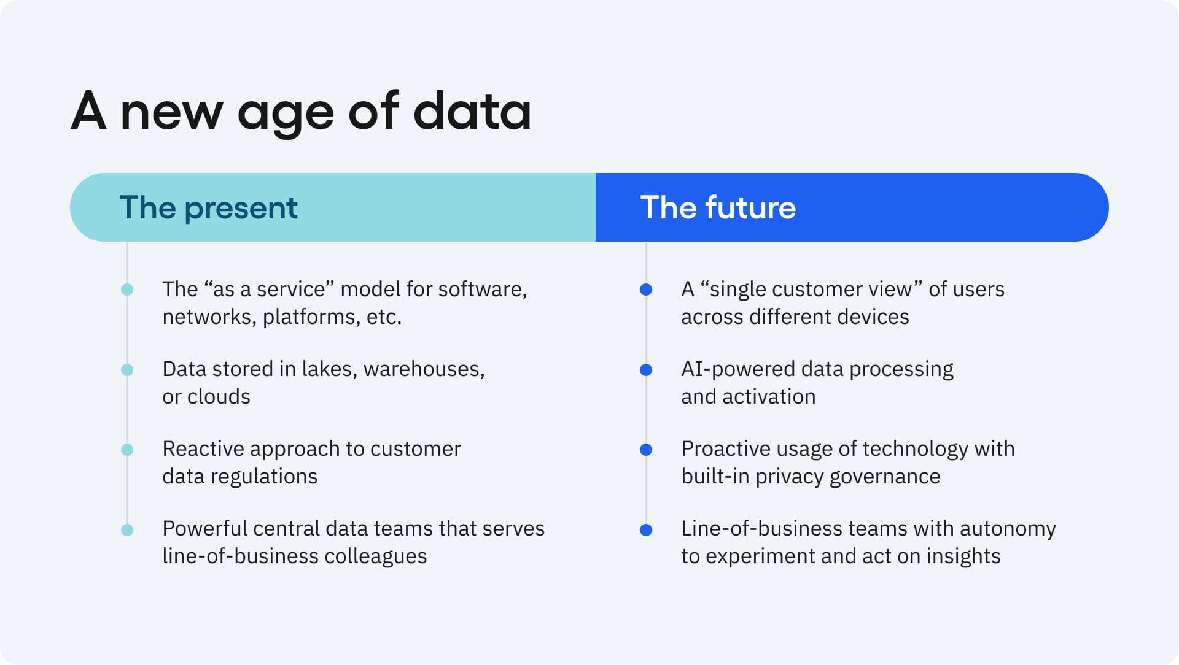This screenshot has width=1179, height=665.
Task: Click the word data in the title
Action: click(472, 111)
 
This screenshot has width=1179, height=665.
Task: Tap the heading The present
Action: click(208, 207)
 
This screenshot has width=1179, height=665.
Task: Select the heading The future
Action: click(718, 207)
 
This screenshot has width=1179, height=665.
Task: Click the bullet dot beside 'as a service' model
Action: click(127, 290)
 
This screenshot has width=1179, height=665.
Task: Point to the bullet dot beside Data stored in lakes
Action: click(127, 370)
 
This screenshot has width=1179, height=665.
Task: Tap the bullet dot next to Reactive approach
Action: click(127, 450)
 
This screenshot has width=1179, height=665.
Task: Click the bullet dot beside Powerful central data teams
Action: click(127, 530)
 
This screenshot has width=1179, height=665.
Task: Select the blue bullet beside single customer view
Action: click(646, 290)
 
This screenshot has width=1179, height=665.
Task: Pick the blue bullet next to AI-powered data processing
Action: click(646, 370)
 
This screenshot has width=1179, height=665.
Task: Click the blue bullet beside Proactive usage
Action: click(646, 450)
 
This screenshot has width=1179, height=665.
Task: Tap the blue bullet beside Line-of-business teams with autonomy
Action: click(646, 530)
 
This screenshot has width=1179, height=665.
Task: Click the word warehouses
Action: click(424, 369)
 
